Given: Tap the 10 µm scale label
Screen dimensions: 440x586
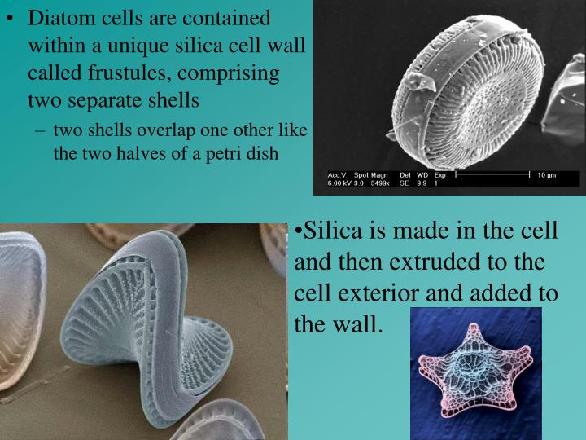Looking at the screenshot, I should [545, 175].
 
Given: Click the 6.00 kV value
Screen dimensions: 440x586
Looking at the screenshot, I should [338, 184].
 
